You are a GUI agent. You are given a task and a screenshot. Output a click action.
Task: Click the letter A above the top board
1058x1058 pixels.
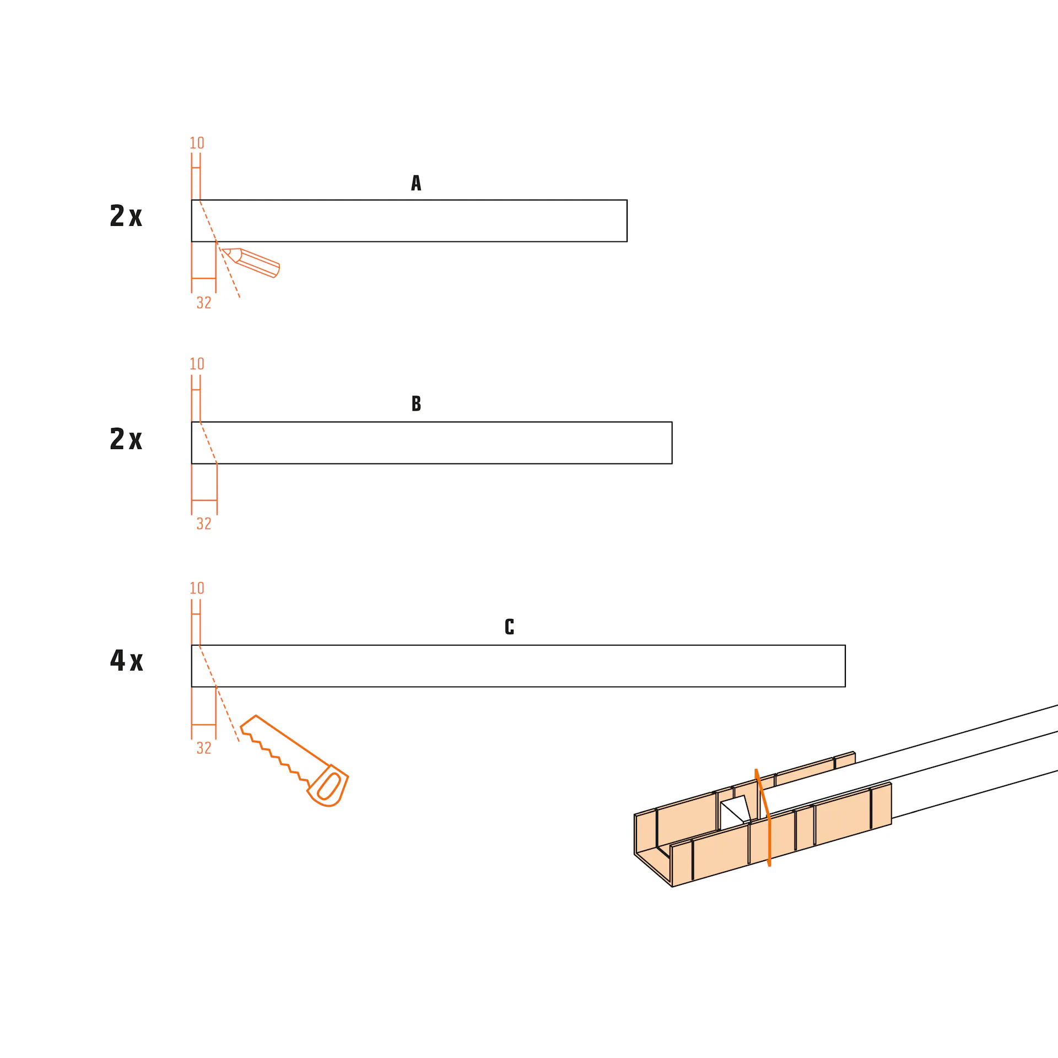(x=416, y=183)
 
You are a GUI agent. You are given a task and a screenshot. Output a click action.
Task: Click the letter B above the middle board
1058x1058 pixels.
(x=416, y=403)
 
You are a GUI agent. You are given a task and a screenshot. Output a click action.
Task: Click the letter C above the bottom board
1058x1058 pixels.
(x=509, y=627)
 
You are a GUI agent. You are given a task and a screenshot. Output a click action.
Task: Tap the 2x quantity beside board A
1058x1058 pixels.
(x=126, y=215)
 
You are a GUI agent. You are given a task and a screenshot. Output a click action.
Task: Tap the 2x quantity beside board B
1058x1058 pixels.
(x=126, y=439)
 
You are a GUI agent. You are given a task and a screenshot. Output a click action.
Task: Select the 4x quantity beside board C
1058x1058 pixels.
(x=127, y=660)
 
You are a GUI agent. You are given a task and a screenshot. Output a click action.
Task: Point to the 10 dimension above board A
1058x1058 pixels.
(x=197, y=143)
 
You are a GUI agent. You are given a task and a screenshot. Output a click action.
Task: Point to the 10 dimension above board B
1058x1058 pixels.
(x=197, y=364)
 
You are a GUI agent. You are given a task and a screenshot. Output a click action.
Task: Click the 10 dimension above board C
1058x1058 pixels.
(x=197, y=588)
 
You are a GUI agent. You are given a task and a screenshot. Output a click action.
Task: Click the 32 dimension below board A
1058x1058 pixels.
(x=204, y=303)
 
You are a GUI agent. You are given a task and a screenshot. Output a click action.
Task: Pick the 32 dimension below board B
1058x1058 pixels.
(x=204, y=523)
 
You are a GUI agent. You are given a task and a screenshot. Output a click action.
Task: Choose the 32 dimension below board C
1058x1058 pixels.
(x=204, y=748)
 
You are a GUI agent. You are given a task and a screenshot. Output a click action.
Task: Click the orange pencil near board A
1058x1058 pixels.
(x=251, y=262)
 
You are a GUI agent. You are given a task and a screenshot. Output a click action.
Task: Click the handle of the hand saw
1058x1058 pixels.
(x=328, y=786)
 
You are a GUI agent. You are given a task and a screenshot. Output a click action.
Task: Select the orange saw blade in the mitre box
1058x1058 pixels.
(x=764, y=818)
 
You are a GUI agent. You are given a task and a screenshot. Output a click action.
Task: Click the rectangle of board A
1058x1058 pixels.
(x=409, y=221)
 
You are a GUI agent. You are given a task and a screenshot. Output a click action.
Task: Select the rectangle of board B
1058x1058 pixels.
(x=431, y=442)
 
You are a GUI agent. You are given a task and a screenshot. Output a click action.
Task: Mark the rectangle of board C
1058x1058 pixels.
(x=518, y=666)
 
